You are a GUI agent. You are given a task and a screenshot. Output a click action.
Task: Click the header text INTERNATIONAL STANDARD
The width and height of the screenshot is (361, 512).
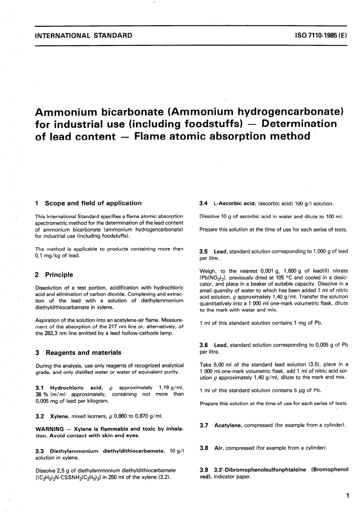83,36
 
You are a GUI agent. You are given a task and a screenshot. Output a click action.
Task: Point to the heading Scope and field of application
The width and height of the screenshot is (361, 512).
93,203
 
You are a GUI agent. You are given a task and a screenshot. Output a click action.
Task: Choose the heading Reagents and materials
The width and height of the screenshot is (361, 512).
83,353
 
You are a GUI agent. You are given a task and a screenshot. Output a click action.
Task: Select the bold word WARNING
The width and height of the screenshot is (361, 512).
49,429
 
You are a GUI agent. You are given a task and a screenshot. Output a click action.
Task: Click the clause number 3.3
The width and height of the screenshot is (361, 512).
40,451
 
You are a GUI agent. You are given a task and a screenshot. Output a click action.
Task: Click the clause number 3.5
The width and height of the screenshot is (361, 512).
204,251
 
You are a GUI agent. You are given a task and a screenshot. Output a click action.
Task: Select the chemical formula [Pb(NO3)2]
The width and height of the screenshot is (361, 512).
214,278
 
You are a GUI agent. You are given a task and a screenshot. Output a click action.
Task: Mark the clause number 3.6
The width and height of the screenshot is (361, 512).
204,345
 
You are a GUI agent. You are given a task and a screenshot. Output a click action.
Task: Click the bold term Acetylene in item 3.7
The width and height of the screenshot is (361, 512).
228,425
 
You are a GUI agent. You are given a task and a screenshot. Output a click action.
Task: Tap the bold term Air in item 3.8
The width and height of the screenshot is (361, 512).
218,448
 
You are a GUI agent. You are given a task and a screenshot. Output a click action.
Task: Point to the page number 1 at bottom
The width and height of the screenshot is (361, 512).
347,496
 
